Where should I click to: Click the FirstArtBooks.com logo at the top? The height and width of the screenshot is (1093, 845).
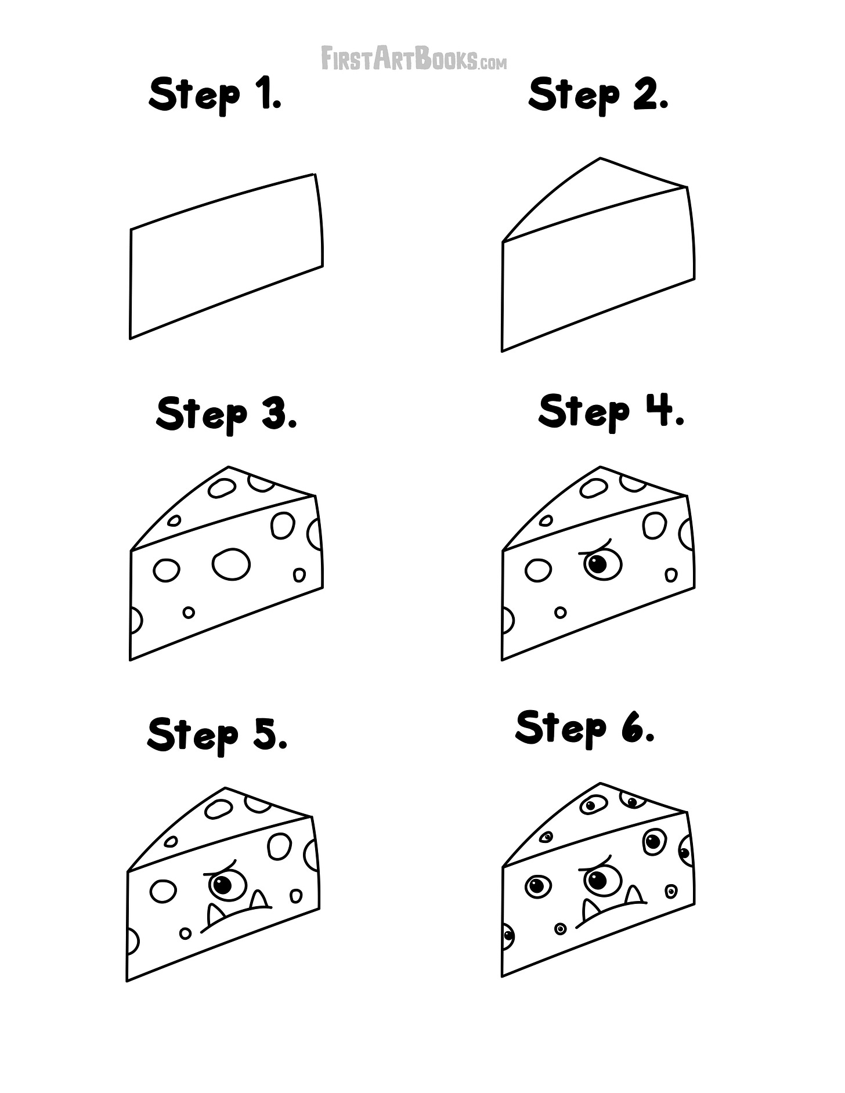click(414, 59)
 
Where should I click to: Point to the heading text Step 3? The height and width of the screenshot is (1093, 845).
click(226, 414)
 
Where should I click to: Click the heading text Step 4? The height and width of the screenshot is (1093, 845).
click(611, 411)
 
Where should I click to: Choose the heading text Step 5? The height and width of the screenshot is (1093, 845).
click(218, 734)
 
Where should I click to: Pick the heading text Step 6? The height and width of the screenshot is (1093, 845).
click(585, 728)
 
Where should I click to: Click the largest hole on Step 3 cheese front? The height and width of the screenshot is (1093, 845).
click(231, 564)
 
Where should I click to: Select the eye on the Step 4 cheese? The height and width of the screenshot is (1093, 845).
click(602, 564)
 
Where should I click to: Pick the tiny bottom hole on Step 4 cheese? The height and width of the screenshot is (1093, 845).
click(560, 612)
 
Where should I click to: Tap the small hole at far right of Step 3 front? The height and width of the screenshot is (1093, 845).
click(299, 575)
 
